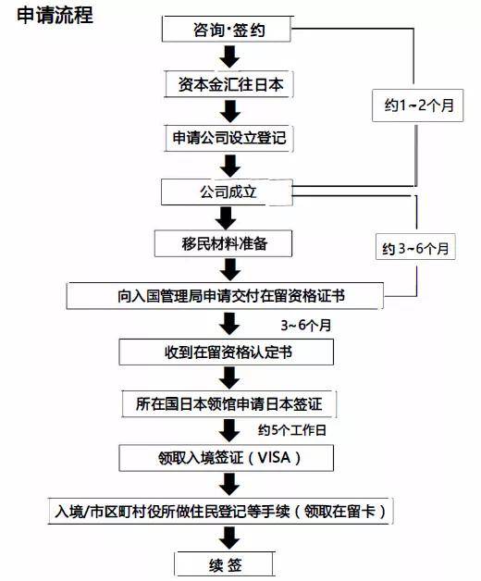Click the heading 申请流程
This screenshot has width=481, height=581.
point(55,15)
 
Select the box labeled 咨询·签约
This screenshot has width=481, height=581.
point(227,29)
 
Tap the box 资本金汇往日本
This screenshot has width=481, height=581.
point(229,84)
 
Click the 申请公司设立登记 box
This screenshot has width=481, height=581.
point(229,138)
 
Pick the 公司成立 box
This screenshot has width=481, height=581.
point(227,192)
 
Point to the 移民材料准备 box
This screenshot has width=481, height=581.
point(223,243)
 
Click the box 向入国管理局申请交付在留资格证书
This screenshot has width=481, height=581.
point(225,296)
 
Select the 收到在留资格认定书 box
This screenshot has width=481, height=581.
point(226,352)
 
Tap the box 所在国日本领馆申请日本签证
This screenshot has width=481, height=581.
point(229,404)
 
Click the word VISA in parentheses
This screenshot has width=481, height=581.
point(274,458)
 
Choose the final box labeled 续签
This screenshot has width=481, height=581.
point(225,564)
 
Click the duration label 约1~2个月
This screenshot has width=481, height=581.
point(418,105)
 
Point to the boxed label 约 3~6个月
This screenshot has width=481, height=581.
point(415,247)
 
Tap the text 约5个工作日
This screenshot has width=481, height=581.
point(292,430)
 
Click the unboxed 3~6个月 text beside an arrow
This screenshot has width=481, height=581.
point(306,326)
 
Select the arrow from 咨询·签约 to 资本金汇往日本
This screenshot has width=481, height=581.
point(229,56)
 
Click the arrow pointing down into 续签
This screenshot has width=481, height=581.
point(229,538)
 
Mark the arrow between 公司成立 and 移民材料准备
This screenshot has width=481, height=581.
point(226,218)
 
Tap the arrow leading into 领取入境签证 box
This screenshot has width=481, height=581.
point(229,430)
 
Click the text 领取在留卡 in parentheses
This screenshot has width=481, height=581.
point(340,512)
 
